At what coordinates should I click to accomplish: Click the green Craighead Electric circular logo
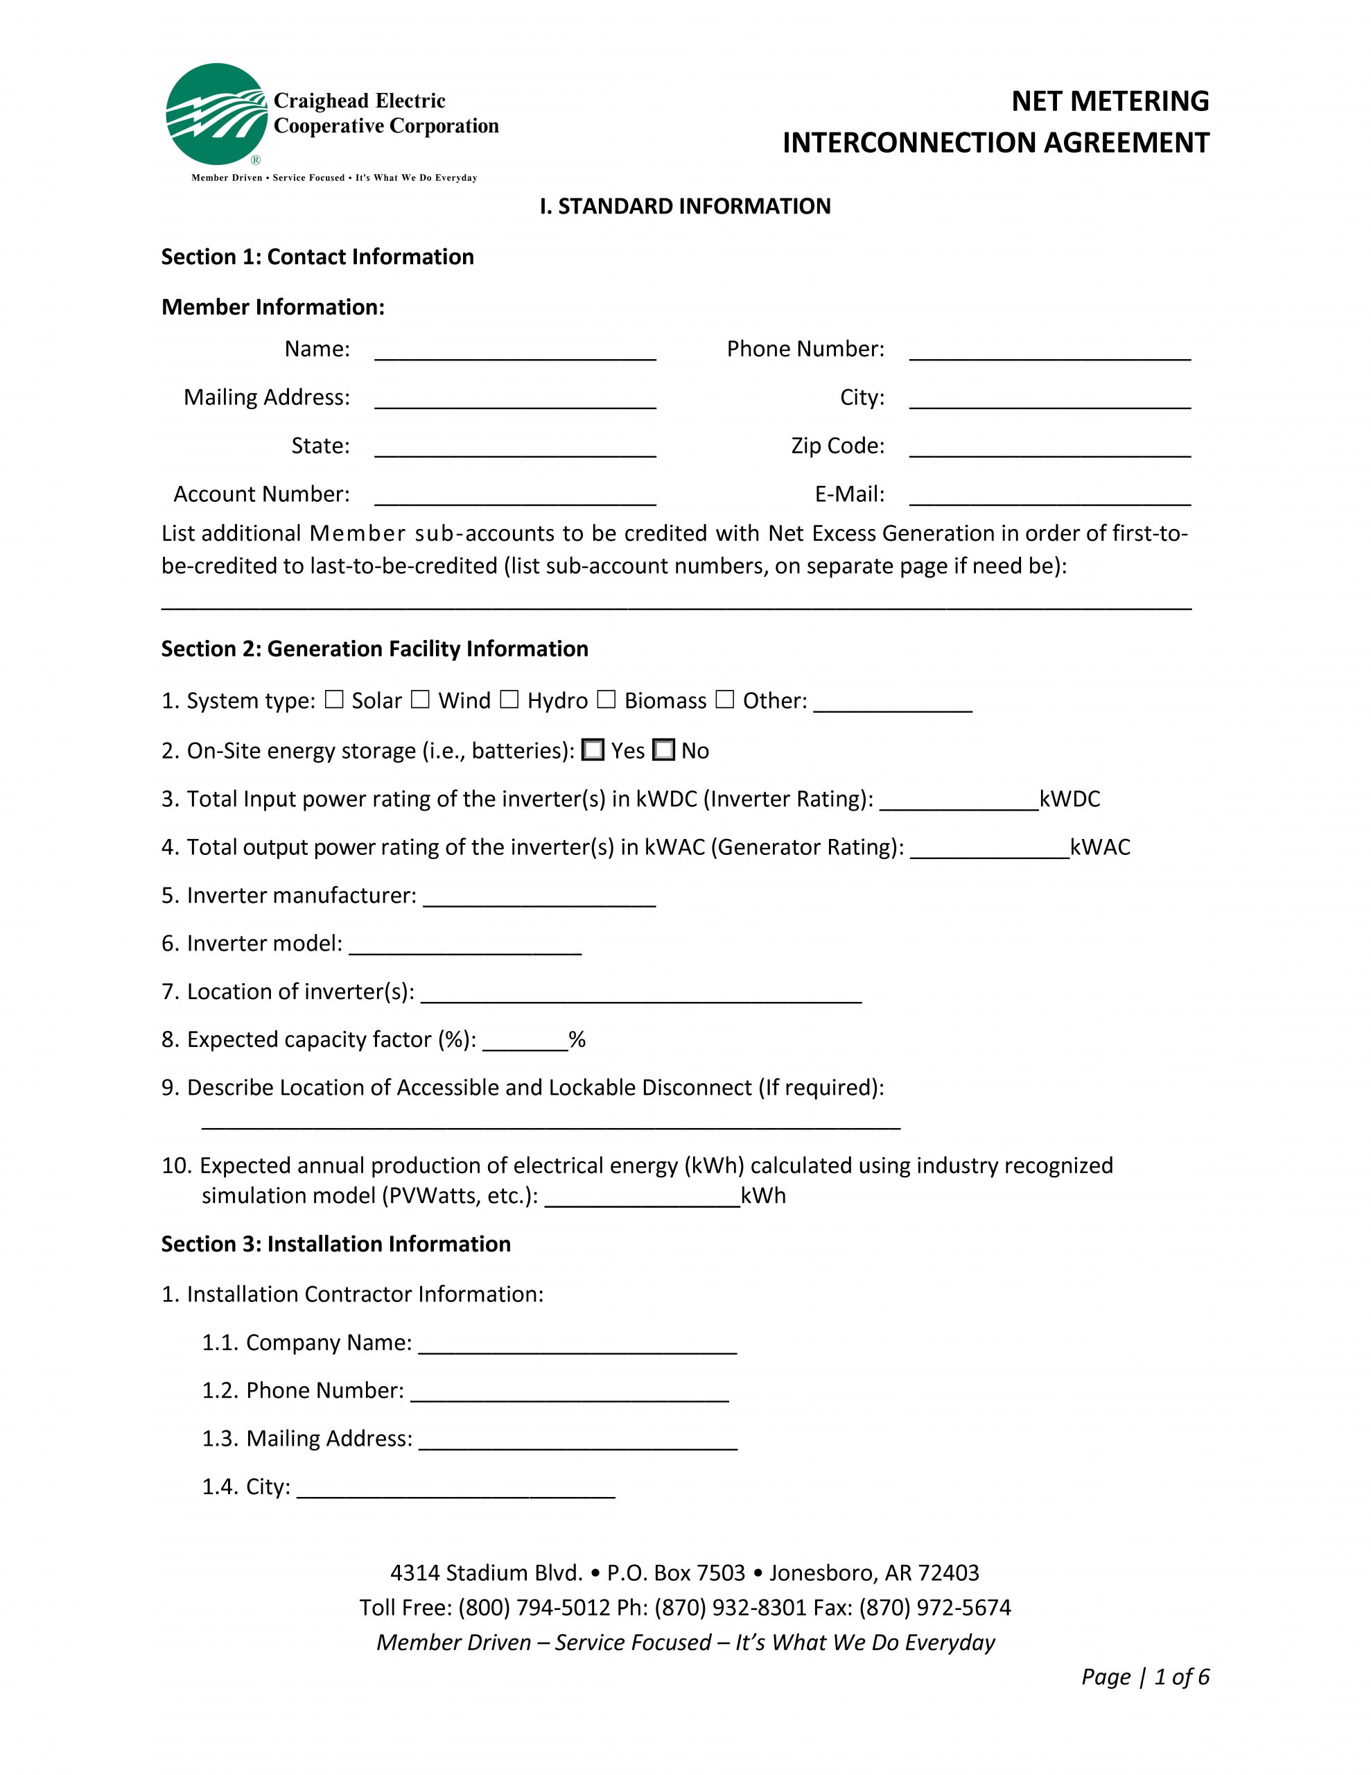[216, 114]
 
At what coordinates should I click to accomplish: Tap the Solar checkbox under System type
[334, 700]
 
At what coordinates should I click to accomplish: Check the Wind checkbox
[420, 700]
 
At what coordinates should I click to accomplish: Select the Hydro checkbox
[509, 700]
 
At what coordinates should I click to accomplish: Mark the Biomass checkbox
[606, 700]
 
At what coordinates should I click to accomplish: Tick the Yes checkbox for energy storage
[593, 750]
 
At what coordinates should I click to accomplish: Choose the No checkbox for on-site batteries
[664, 750]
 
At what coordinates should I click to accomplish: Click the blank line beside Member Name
[514, 351]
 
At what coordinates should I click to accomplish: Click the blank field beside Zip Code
[1049, 448]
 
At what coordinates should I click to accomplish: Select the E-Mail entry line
[1049, 496]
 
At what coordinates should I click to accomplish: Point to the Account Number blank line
[514, 496]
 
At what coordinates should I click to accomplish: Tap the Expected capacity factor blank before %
[525, 1042]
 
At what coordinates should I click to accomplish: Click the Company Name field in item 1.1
[577, 1345]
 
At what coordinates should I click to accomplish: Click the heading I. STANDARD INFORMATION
[685, 207]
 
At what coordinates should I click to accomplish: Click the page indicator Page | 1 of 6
[1144, 1677]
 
